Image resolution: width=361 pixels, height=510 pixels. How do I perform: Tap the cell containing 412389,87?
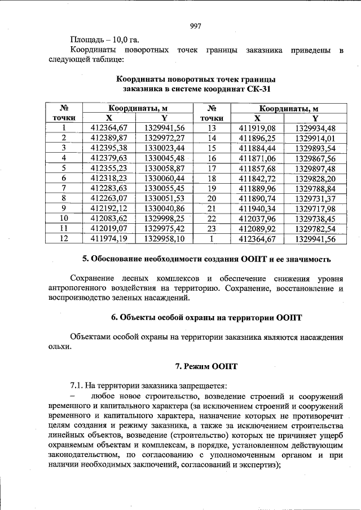[x=109, y=138]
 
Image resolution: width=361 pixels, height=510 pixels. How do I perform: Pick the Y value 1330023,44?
[x=164, y=148]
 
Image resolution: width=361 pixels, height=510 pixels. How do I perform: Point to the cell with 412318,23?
[x=109, y=178]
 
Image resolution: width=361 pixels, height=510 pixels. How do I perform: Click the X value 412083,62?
[x=109, y=219]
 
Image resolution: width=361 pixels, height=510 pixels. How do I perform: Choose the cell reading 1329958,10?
[x=164, y=239]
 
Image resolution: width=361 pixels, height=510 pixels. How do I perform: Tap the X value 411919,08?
[x=257, y=128]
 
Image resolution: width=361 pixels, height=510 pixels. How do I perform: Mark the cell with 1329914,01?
[x=315, y=138]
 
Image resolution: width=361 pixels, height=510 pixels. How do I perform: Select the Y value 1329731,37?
[x=315, y=198]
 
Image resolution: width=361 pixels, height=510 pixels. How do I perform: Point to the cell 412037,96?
[x=257, y=219]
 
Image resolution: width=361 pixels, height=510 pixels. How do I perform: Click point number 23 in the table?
[x=212, y=229]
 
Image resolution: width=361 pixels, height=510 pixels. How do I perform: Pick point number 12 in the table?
[x=64, y=239]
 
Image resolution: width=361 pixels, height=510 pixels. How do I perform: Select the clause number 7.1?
[x=76, y=386]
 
